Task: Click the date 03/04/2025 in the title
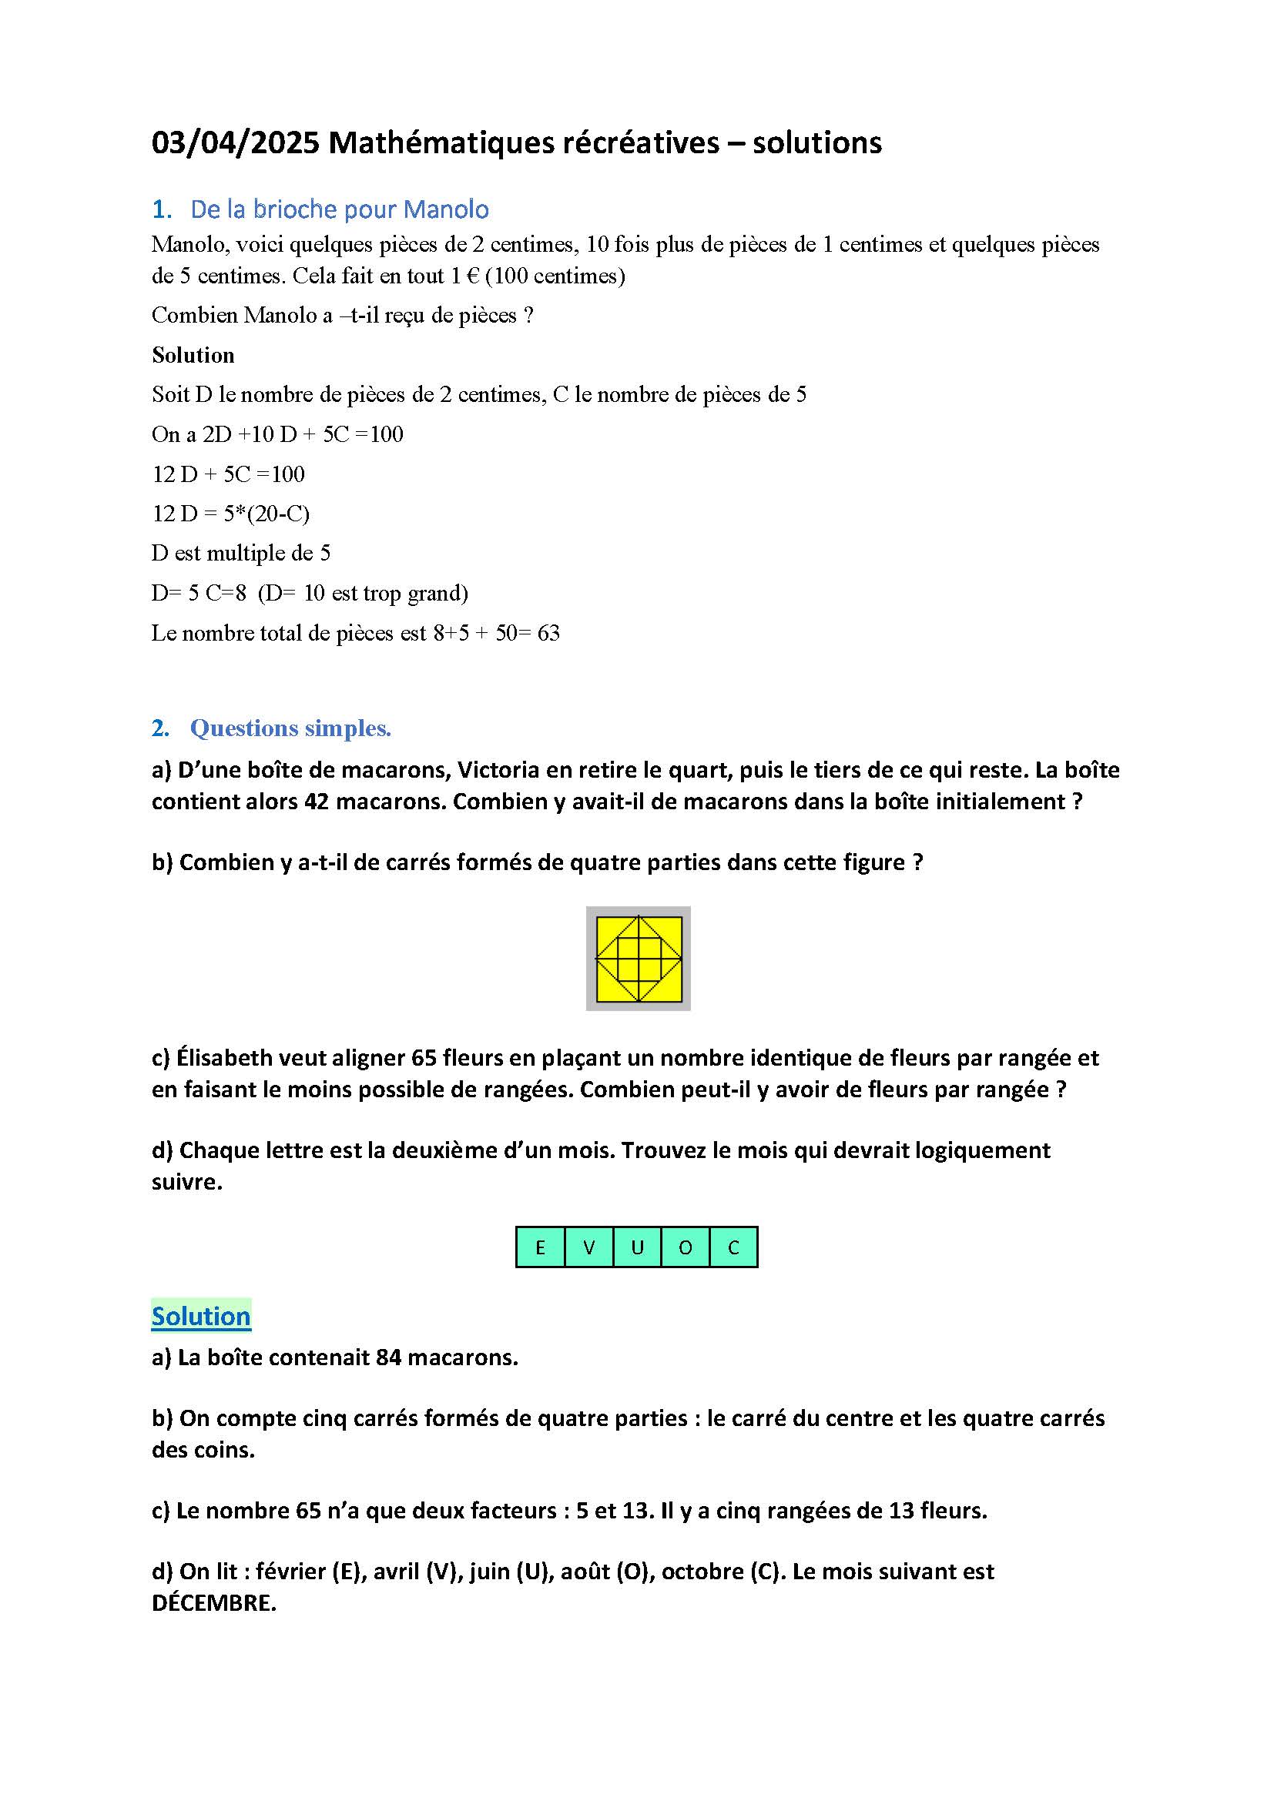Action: (236, 142)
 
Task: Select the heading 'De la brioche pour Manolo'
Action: (339, 209)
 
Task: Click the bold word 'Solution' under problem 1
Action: (193, 355)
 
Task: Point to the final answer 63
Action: (548, 633)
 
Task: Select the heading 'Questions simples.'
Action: (290, 728)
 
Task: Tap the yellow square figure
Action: (639, 959)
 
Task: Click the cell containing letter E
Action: (540, 1247)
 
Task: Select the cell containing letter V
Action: (588, 1247)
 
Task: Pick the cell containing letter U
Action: (637, 1247)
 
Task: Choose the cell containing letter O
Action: (686, 1247)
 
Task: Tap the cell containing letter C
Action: (733, 1247)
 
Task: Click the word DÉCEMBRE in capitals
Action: (213, 1602)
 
